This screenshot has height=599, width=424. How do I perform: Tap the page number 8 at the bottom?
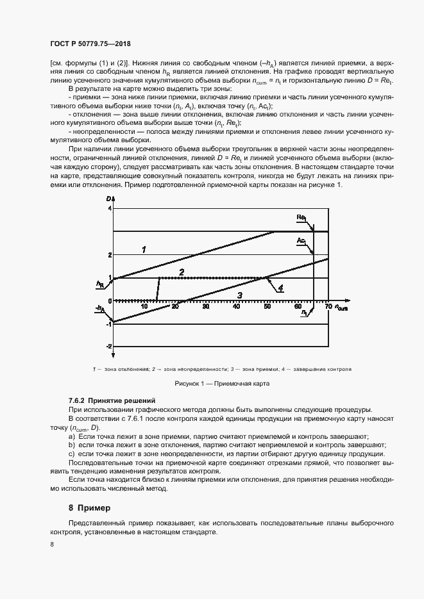53,544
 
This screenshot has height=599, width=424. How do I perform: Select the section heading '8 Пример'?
90,507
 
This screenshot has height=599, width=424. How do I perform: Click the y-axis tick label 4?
110,209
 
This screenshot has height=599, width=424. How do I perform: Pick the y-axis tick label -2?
109,346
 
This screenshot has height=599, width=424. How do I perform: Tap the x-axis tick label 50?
267,307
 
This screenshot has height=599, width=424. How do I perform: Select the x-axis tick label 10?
144,307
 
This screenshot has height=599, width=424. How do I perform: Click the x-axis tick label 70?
328,307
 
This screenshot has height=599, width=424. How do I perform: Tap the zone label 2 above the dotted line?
182,272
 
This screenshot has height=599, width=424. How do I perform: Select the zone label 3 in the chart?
239,295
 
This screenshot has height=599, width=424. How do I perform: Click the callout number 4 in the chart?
280,288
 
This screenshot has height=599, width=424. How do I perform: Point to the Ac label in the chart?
300,241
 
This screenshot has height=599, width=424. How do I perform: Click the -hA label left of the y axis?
100,309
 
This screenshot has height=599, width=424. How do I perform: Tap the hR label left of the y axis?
100,283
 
